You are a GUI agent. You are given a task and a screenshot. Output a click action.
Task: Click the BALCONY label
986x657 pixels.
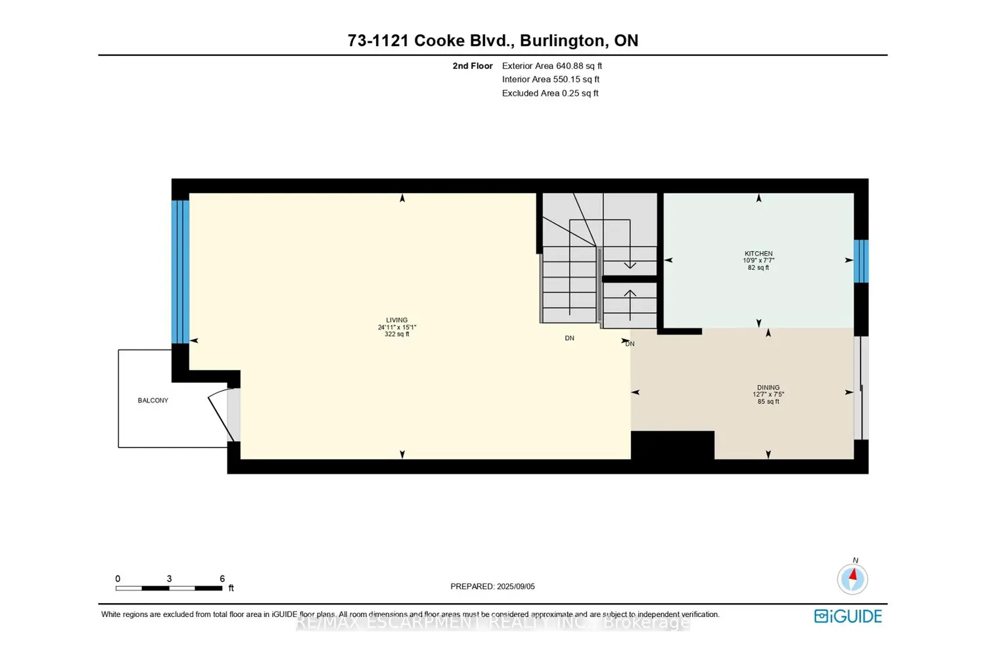[x=153, y=400]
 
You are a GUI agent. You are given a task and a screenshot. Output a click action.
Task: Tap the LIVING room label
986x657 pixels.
[x=397, y=320]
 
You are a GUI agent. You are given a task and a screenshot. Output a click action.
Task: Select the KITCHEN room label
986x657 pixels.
[x=759, y=254]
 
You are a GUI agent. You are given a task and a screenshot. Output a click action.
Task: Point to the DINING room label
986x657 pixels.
[x=768, y=388]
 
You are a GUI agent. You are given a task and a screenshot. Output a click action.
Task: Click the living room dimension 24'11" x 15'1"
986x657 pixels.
[x=397, y=327]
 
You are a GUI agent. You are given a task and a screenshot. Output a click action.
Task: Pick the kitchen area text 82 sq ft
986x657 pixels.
[x=759, y=268]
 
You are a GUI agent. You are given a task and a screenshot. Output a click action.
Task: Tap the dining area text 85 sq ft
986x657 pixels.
[x=768, y=401]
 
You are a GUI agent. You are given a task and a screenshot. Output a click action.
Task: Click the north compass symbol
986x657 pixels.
[x=853, y=579]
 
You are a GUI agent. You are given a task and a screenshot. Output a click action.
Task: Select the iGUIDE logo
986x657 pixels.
[x=848, y=616]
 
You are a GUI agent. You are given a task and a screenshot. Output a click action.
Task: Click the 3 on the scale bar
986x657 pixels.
[x=169, y=579]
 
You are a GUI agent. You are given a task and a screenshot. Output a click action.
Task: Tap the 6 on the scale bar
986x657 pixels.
[x=222, y=579]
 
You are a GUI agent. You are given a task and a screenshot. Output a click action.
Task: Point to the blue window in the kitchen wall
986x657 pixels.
[x=861, y=261]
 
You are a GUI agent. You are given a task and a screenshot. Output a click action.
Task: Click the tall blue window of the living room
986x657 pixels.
[x=180, y=271]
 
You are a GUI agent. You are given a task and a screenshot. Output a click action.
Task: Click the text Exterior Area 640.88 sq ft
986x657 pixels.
[x=552, y=66]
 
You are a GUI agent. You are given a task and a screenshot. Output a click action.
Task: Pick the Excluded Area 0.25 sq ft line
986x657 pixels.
[x=550, y=93]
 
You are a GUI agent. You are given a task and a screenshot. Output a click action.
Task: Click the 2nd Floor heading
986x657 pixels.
[x=472, y=66]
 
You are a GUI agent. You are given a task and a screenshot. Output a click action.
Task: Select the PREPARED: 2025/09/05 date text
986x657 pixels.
[x=492, y=586]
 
